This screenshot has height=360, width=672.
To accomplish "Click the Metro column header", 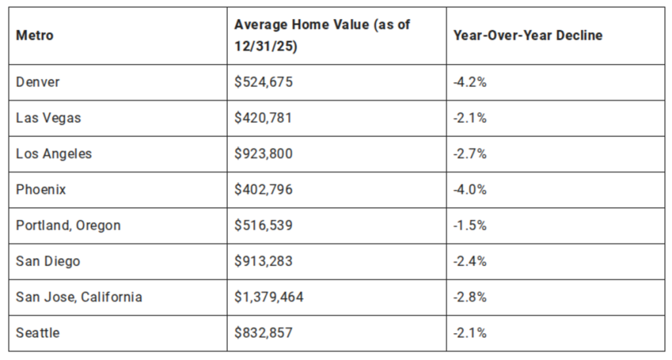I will click(x=35, y=35).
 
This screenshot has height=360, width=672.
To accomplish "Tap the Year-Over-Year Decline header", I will click(x=527, y=35).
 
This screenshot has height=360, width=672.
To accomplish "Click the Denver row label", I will click(x=38, y=82).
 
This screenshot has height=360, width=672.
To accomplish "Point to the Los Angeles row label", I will click(x=54, y=154).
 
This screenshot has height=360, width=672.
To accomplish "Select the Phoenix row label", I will click(x=41, y=190).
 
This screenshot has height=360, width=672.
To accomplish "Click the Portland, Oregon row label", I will click(x=68, y=225).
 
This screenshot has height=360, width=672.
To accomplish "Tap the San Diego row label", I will click(x=48, y=261).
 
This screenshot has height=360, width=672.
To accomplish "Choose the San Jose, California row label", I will click(x=79, y=297).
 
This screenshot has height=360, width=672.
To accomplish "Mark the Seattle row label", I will click(x=38, y=333).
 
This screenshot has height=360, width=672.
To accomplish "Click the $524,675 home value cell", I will click(x=263, y=82).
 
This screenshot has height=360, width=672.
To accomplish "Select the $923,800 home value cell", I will click(x=263, y=154).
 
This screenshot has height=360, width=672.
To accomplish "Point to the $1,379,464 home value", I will click(x=269, y=297).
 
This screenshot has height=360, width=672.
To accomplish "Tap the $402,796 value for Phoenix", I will click(x=263, y=190).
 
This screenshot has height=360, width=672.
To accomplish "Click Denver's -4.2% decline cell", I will click(x=470, y=82).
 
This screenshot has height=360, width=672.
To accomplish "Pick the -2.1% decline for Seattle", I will click(x=470, y=333).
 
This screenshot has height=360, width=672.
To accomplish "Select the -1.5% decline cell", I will click(x=470, y=225).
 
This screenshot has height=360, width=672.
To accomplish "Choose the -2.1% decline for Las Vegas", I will click(x=470, y=118).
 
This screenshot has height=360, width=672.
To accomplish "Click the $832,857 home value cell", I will click(x=263, y=333).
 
